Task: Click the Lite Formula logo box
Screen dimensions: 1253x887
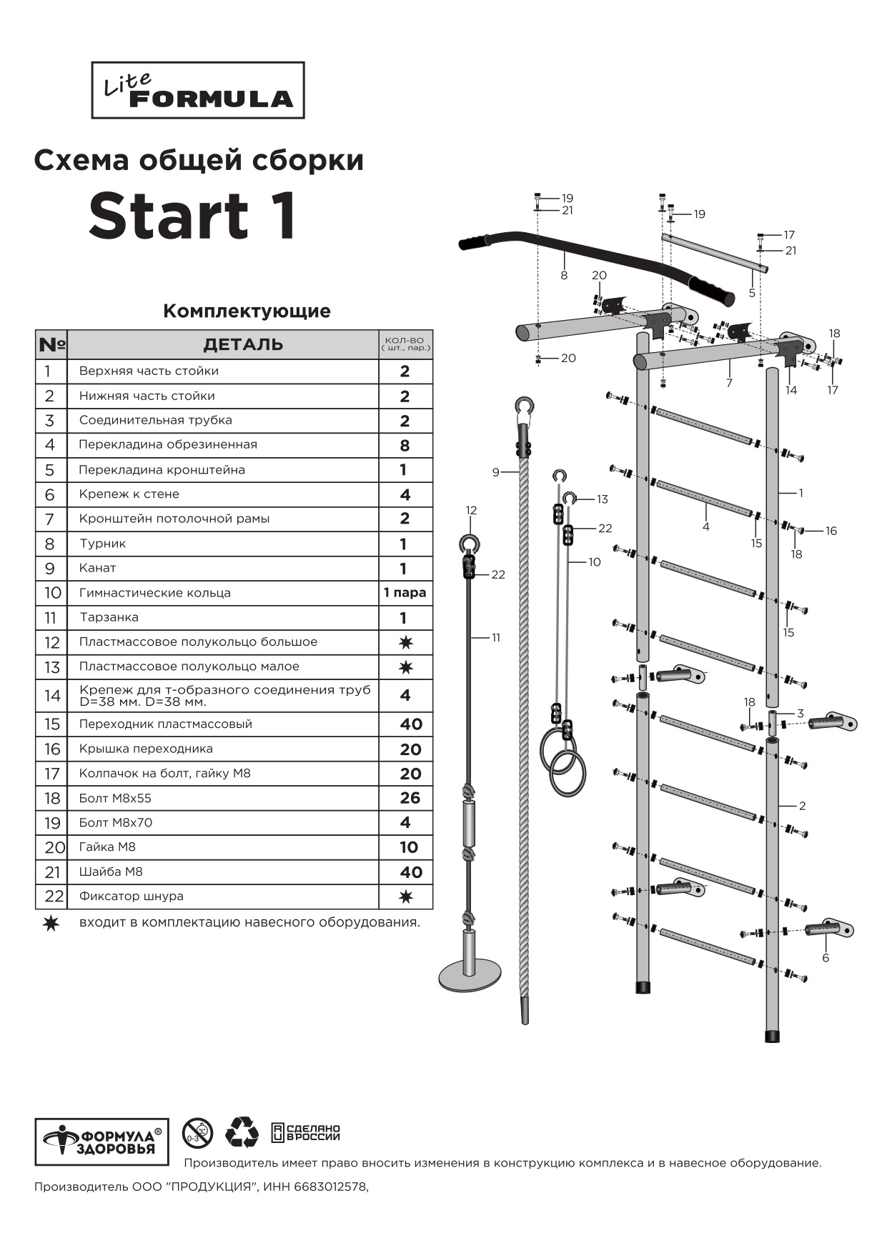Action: click(x=198, y=90)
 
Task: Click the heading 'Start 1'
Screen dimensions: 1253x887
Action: click(x=193, y=216)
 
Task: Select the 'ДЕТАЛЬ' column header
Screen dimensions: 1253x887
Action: click(x=243, y=345)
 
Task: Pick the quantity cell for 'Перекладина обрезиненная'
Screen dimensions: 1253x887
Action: click(x=405, y=446)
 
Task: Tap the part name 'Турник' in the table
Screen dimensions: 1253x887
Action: click(x=103, y=544)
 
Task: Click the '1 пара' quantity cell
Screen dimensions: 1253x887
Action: click(x=405, y=593)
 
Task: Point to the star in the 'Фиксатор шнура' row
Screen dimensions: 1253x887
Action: click(x=405, y=897)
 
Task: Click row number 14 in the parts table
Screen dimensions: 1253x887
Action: click(x=52, y=696)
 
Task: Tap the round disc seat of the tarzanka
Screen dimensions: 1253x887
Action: click(x=470, y=976)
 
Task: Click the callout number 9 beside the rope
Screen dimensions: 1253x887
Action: click(x=496, y=472)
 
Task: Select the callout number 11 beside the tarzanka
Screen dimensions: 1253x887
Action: click(x=496, y=638)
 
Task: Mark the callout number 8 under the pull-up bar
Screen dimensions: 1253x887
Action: click(x=564, y=275)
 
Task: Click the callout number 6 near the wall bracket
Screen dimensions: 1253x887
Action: click(x=826, y=958)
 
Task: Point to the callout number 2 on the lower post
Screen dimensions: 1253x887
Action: click(x=802, y=806)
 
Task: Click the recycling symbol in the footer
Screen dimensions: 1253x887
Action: click(x=242, y=1132)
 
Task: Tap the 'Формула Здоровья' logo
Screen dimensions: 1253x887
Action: click(x=101, y=1142)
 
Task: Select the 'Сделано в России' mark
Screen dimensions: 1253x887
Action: click(x=306, y=1132)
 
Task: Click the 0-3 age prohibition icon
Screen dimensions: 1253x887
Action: click(x=197, y=1133)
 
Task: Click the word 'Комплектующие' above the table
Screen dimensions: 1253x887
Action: click(x=247, y=311)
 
